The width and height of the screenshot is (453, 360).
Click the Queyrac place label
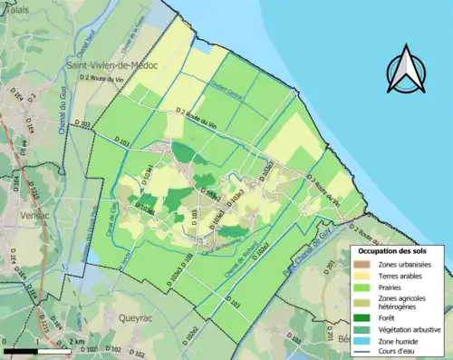[x=136, y=317]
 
